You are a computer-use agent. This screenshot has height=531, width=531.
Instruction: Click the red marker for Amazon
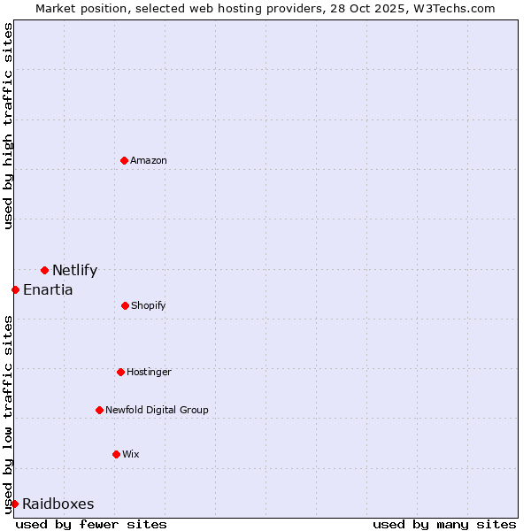(x=124, y=160)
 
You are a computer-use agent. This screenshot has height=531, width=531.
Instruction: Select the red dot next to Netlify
(x=44, y=270)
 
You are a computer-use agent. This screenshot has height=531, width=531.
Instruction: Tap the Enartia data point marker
(x=15, y=289)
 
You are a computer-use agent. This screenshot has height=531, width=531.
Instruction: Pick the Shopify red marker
(x=125, y=305)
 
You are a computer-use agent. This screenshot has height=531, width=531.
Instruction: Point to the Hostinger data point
(x=120, y=372)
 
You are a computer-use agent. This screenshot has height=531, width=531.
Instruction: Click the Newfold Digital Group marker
(x=99, y=410)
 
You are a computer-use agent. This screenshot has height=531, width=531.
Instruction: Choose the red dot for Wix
(x=116, y=454)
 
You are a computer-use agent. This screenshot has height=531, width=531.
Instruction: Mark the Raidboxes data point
(x=14, y=504)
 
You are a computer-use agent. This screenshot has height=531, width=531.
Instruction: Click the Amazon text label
(x=149, y=160)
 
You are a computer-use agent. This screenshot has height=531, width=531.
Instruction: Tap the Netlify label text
(x=74, y=271)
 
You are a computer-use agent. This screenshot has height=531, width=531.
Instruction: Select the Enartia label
(x=48, y=289)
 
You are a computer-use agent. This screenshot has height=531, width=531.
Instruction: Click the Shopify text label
(x=149, y=305)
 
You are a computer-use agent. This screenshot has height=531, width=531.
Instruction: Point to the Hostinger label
(x=149, y=372)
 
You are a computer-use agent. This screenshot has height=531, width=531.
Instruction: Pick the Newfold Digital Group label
(x=157, y=410)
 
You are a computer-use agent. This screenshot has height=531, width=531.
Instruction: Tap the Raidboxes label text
(x=58, y=504)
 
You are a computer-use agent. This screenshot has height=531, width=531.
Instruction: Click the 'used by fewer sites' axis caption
(x=91, y=524)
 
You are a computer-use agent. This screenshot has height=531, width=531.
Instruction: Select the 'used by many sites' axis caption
(x=444, y=524)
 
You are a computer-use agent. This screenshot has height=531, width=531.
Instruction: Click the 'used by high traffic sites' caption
(x=8, y=126)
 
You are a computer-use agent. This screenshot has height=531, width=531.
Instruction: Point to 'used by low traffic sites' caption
(x=8, y=413)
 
